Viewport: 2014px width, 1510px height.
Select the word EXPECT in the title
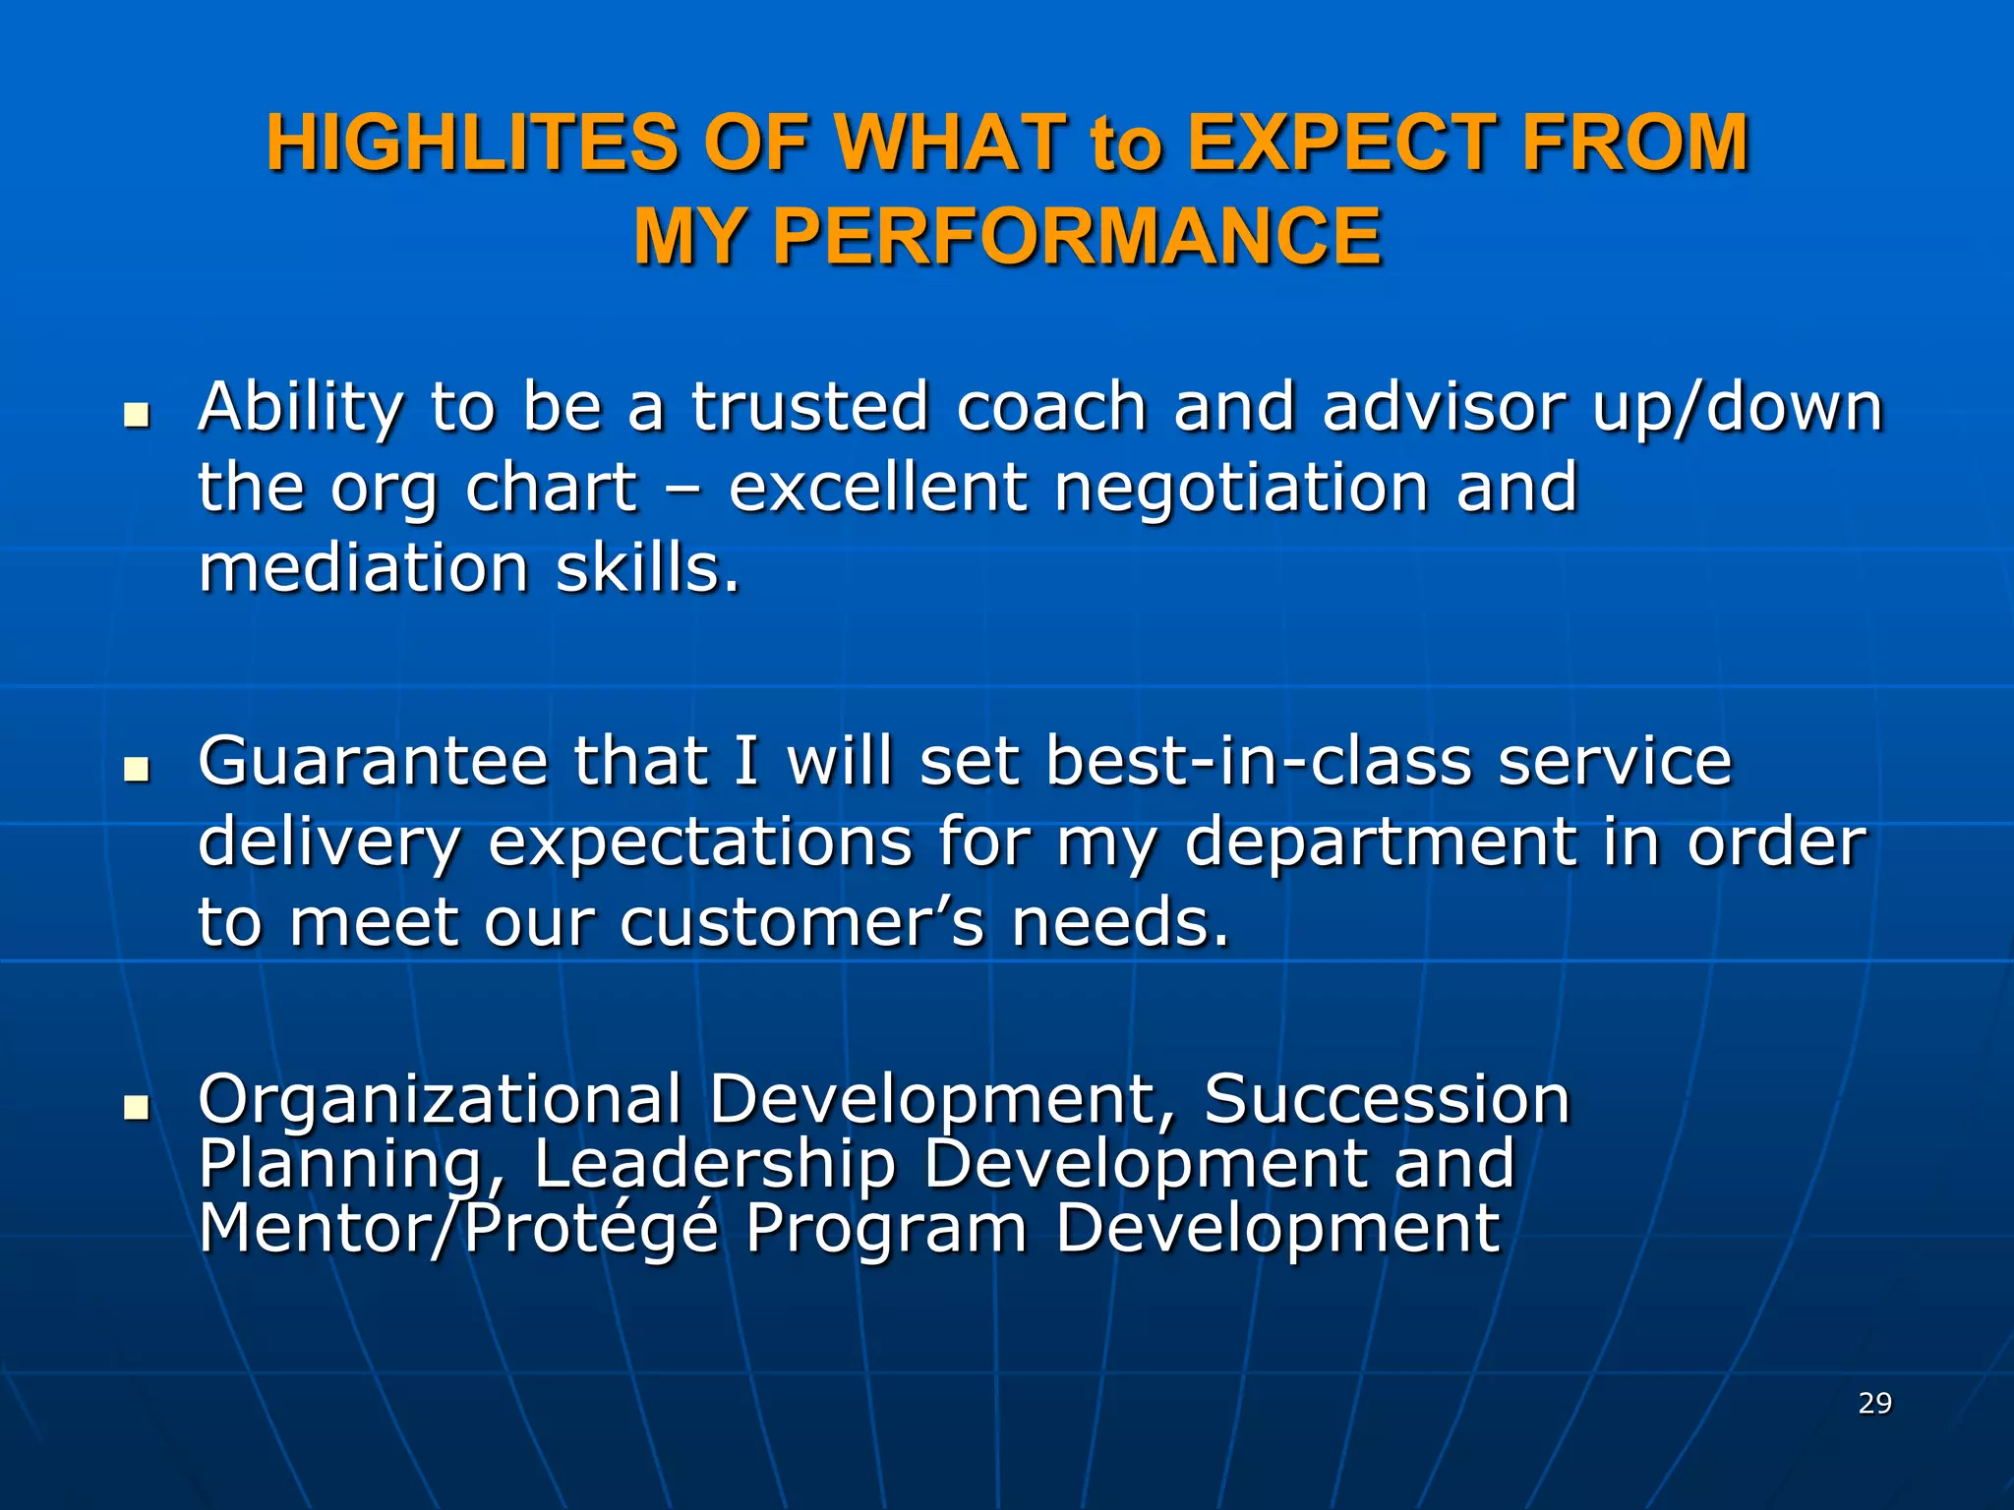tap(1342, 144)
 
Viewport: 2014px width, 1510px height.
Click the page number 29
tap(1874, 1403)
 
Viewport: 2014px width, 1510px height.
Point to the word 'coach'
tap(1051, 407)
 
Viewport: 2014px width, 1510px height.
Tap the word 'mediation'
tap(363, 569)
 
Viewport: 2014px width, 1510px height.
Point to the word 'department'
tap(1380, 843)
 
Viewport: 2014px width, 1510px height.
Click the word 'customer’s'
tap(801, 924)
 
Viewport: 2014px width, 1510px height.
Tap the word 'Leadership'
tap(715, 1164)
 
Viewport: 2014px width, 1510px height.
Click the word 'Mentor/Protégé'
tap(458, 1229)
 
